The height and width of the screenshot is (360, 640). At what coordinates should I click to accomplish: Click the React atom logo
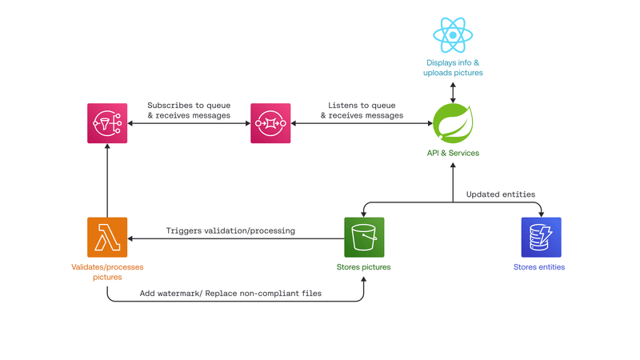click(x=453, y=35)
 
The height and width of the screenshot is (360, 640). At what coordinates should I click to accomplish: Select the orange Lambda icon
click(x=107, y=237)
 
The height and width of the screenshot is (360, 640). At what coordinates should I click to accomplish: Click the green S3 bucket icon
click(x=364, y=237)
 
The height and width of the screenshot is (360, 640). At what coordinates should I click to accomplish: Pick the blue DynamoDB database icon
click(x=541, y=237)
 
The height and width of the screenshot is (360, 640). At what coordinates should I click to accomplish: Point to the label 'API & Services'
click(x=453, y=153)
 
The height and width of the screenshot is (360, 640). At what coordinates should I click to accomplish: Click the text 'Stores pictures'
click(x=364, y=267)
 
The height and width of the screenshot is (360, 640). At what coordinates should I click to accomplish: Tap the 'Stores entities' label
click(x=539, y=267)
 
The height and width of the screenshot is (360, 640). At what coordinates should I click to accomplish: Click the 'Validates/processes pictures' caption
click(x=107, y=272)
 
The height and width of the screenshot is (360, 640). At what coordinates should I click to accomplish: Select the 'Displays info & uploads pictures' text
click(x=453, y=67)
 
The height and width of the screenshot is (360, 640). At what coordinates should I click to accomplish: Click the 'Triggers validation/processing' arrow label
click(x=230, y=230)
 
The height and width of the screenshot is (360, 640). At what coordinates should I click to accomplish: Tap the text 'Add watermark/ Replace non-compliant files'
click(x=230, y=294)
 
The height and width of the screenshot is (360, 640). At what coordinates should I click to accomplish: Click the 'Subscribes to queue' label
click(x=189, y=106)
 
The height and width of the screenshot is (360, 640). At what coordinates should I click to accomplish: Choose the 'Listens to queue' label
click(x=362, y=106)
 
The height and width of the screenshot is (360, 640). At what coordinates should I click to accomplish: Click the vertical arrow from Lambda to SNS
click(x=107, y=184)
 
